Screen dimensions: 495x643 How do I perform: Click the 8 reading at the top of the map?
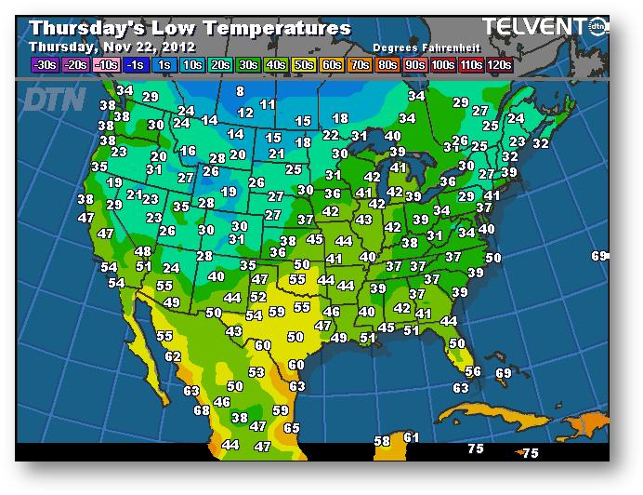[x=240, y=91]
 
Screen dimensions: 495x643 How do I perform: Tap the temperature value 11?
[x=268, y=104]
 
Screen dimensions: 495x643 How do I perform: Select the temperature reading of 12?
[x=245, y=113]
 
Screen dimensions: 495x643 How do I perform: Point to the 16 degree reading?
[x=189, y=151]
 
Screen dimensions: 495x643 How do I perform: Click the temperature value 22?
[x=331, y=135]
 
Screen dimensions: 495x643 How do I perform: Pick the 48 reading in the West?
[x=143, y=251]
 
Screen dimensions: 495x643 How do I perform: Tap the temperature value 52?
[x=259, y=297]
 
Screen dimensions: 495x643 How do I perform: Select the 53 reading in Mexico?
[x=256, y=371]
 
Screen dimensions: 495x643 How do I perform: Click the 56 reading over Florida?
[x=473, y=371]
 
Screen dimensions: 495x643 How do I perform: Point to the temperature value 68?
[x=202, y=409]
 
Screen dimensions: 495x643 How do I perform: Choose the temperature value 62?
[x=173, y=356]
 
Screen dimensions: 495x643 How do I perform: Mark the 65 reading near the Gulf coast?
[x=292, y=428]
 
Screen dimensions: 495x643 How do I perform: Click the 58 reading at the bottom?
[x=382, y=441]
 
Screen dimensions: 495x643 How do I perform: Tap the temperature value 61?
[x=412, y=437]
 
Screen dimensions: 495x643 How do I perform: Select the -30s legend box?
[x=44, y=64]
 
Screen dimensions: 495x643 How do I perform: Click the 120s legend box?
[x=499, y=64]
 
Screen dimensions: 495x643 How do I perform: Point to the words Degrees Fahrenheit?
[x=417, y=47]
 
